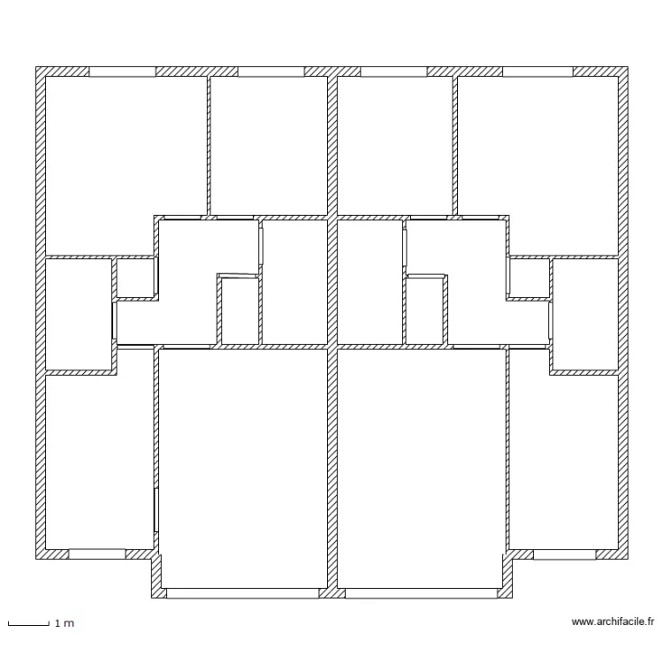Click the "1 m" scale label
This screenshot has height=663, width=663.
64,624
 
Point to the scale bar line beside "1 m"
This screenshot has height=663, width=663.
27,624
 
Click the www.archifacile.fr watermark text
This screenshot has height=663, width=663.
613,621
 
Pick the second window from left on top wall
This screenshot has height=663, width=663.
271,72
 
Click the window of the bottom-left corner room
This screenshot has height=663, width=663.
96,554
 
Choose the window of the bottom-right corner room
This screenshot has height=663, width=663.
564,554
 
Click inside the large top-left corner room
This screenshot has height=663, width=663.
124,164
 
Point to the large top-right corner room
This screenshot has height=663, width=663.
537,164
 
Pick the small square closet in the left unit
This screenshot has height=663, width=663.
135,278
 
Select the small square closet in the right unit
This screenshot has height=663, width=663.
529,278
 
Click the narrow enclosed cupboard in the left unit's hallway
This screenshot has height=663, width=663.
239,311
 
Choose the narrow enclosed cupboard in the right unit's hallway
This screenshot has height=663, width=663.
425,311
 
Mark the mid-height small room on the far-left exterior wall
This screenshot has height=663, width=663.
78,314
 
